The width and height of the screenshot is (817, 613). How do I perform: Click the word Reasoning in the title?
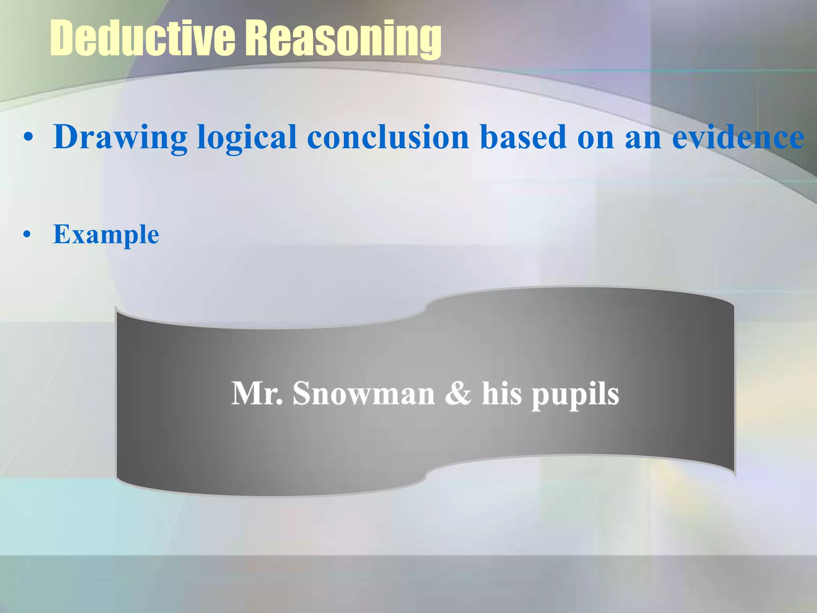coord(343,39)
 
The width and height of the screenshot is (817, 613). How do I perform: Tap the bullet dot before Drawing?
coord(28,138)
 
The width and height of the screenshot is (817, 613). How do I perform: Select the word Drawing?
coord(120,137)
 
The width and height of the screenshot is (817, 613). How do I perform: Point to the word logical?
coord(247,137)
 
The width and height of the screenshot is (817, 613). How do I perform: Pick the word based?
coord(523,137)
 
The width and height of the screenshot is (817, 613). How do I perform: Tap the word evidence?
coord(738,137)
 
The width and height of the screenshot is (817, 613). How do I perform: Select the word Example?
coord(106,234)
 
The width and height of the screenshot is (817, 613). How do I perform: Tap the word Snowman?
coord(363,394)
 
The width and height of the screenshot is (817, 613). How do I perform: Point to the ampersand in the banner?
coord(458,394)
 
